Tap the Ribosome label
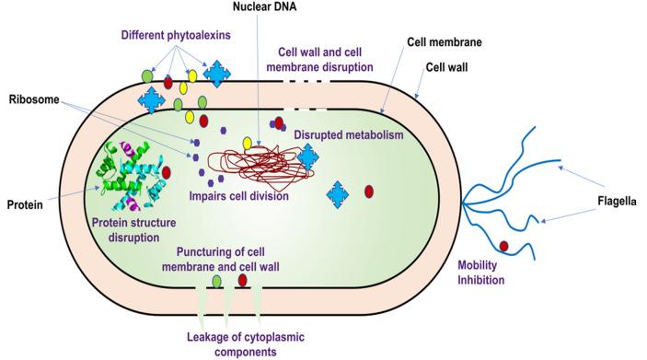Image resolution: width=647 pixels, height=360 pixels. tap(32, 99)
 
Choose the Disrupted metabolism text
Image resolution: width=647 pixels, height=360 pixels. tap(349, 135)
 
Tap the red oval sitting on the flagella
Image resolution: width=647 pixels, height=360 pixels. tap(503, 245)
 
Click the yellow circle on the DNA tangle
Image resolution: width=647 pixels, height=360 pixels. tap(248, 143)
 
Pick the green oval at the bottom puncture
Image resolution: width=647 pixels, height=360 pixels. tap(217, 280)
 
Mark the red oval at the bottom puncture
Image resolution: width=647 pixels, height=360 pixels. tap(243, 280)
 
